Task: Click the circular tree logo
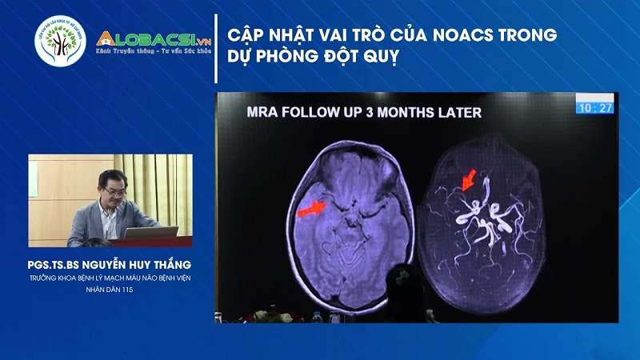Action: [x=59, y=42]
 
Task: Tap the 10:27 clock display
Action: [x=596, y=107]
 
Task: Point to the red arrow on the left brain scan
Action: [x=312, y=210]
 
